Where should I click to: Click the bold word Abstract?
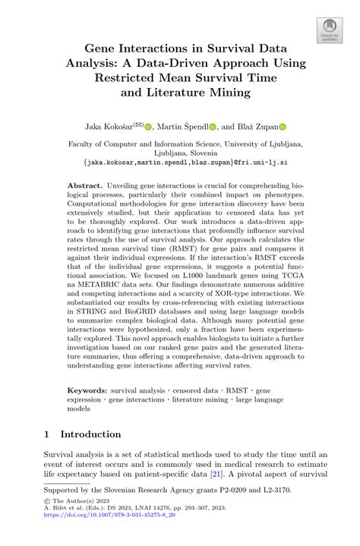[85, 185]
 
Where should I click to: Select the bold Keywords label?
[88, 388]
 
